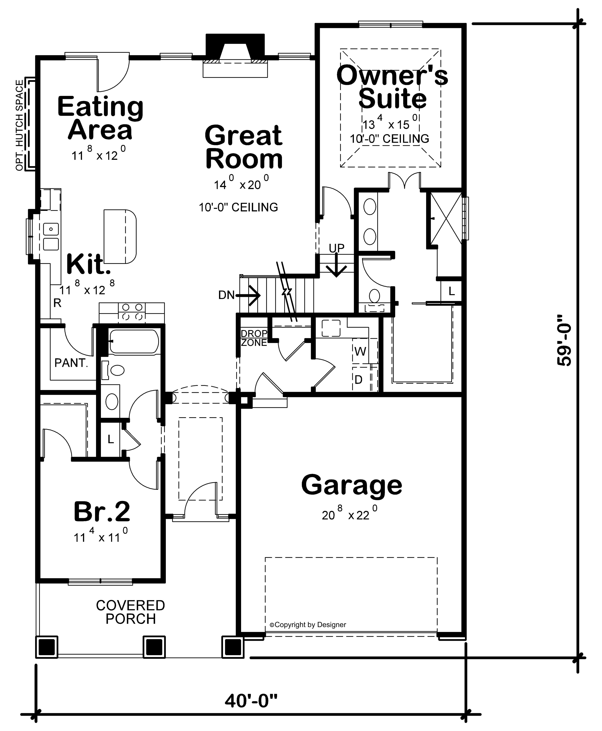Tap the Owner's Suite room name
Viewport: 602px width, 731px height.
point(392,87)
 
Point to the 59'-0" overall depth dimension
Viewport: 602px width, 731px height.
point(563,340)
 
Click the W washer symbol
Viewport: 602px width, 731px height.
point(360,351)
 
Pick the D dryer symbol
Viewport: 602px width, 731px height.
point(358,379)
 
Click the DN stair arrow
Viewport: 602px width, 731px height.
point(239,295)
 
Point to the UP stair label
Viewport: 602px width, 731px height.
point(336,248)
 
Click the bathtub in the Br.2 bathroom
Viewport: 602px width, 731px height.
point(134,342)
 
